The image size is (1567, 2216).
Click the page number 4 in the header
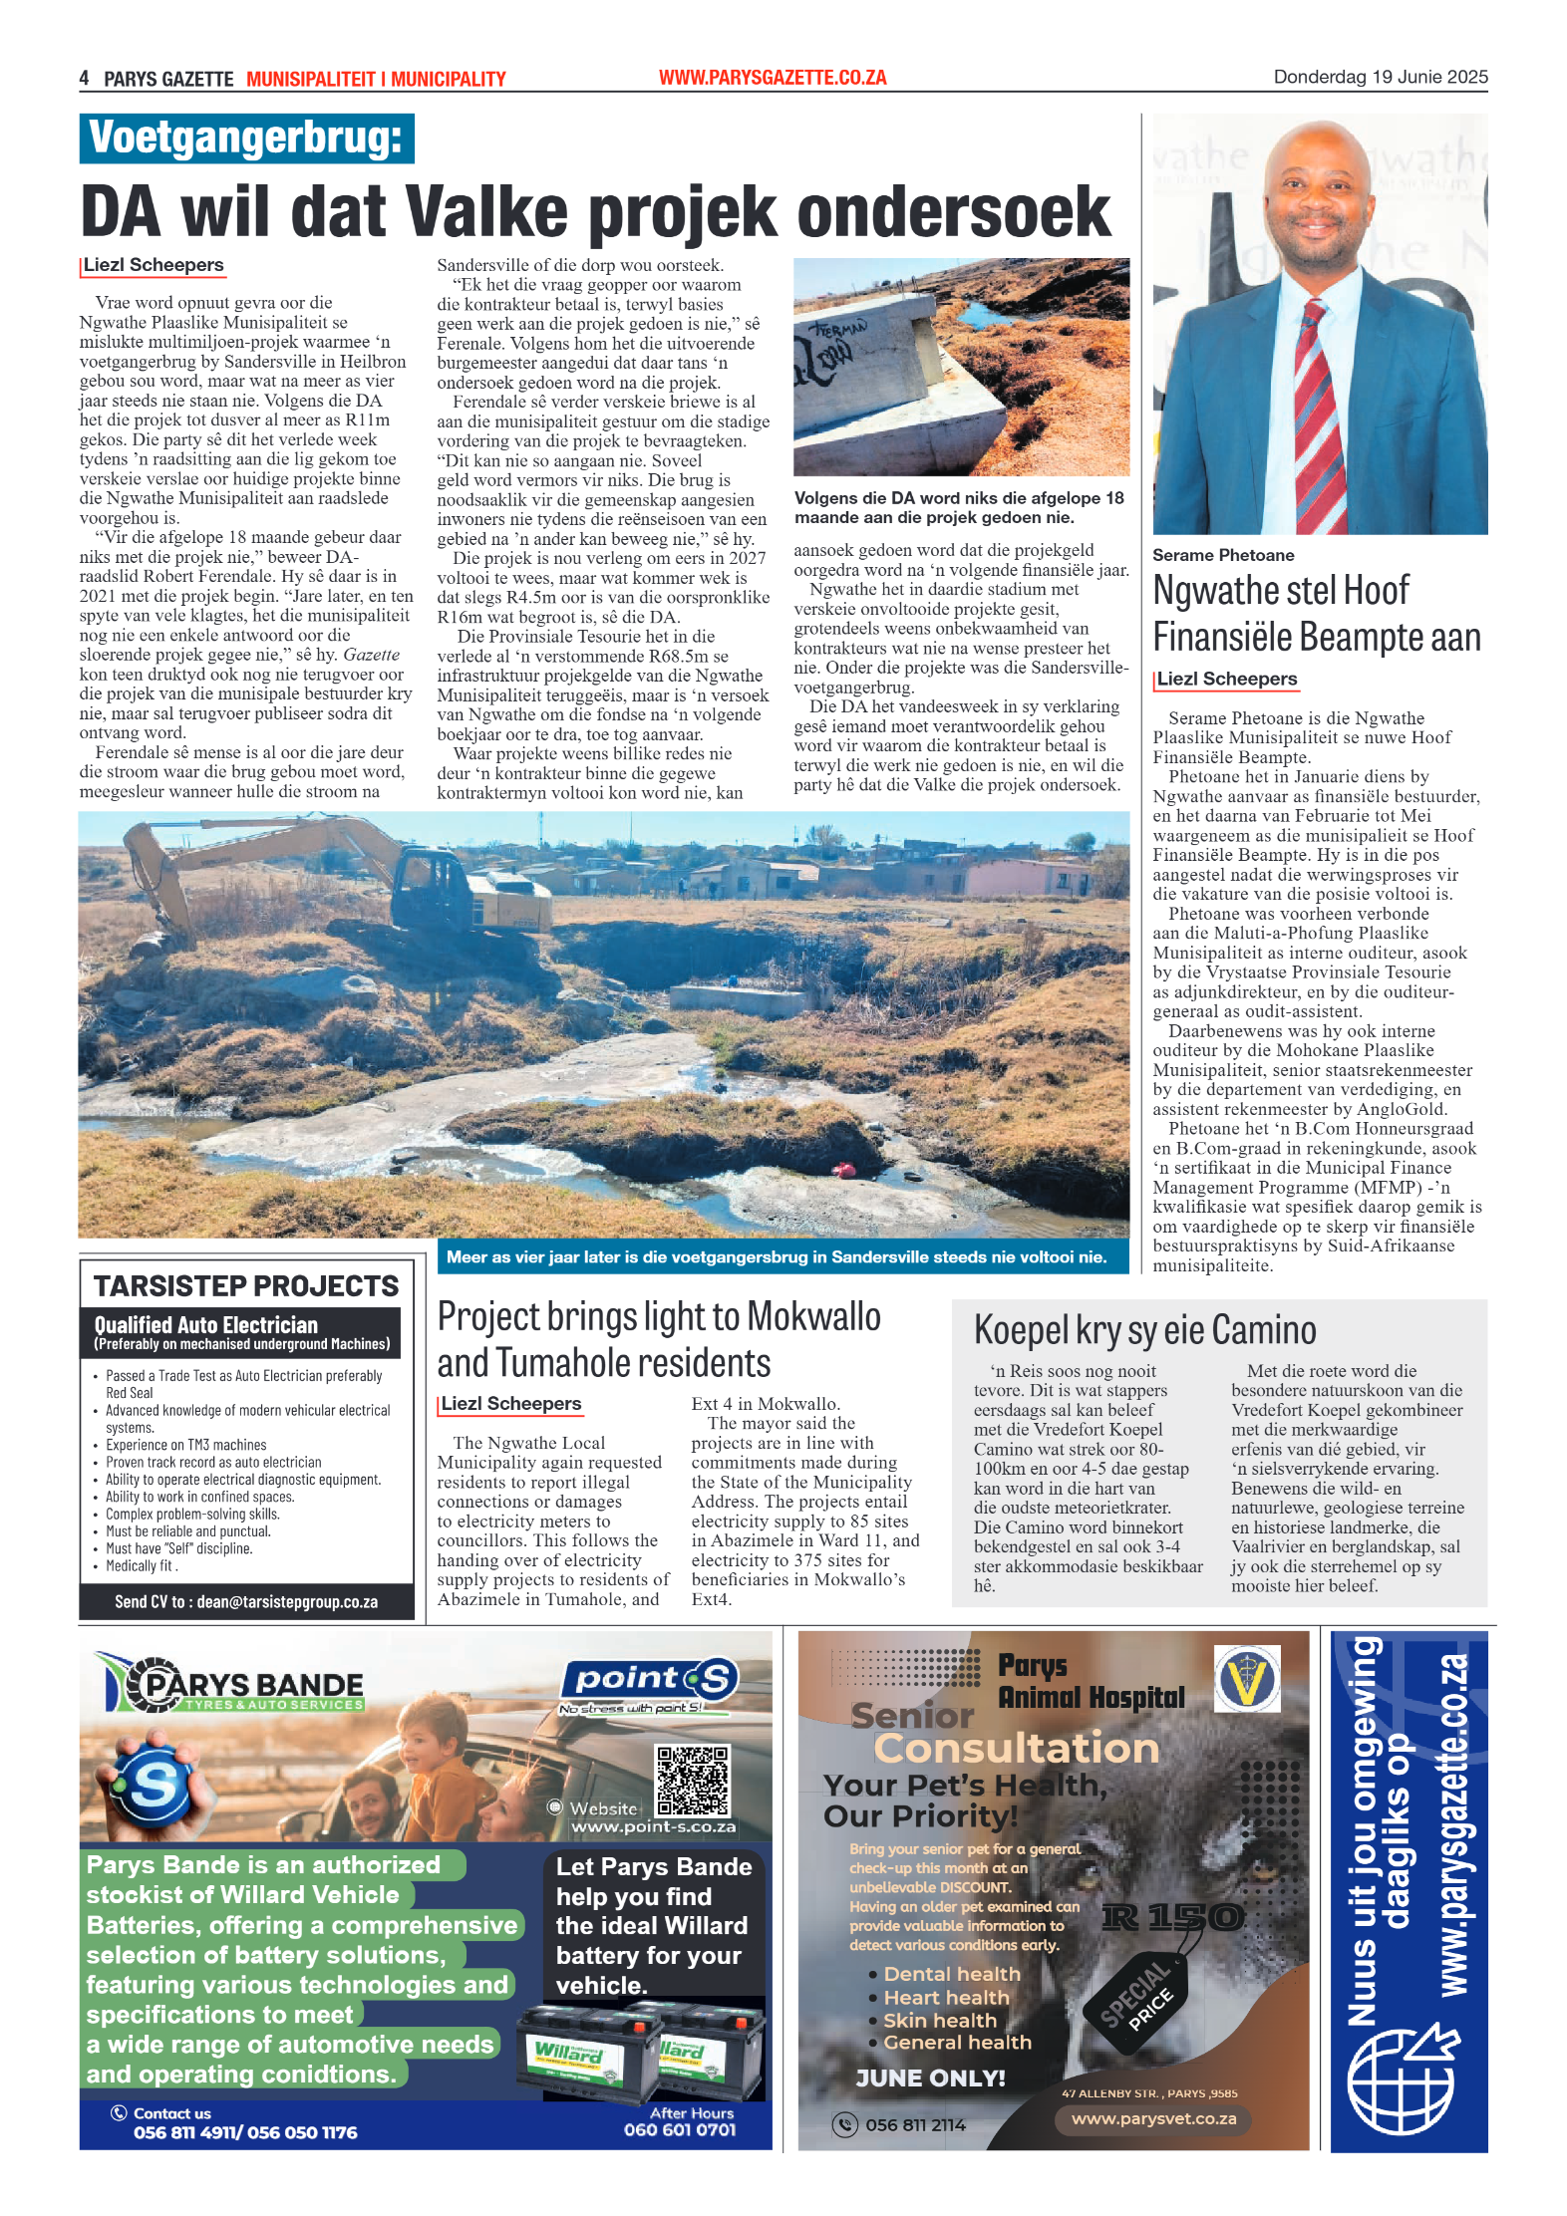coord(85,79)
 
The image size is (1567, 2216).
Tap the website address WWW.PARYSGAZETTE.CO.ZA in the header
coord(773,78)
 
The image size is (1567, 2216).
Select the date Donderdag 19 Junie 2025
coord(1380,77)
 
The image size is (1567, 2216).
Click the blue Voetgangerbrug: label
coord(246,138)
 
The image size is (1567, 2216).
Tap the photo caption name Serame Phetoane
coord(1223,555)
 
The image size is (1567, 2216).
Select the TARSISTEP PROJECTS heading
coord(246,1286)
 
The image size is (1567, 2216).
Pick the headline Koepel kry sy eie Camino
coord(1144,1330)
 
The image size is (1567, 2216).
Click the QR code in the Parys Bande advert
coord(692,1781)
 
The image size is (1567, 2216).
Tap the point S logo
coord(652,1680)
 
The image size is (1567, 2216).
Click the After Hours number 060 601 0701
coord(680,2129)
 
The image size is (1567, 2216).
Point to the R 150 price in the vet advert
coord(1172,1916)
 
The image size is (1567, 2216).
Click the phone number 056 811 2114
coord(915,2124)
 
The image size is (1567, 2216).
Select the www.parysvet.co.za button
coord(1153,2119)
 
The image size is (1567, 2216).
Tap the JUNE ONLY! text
coord(930,2077)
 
